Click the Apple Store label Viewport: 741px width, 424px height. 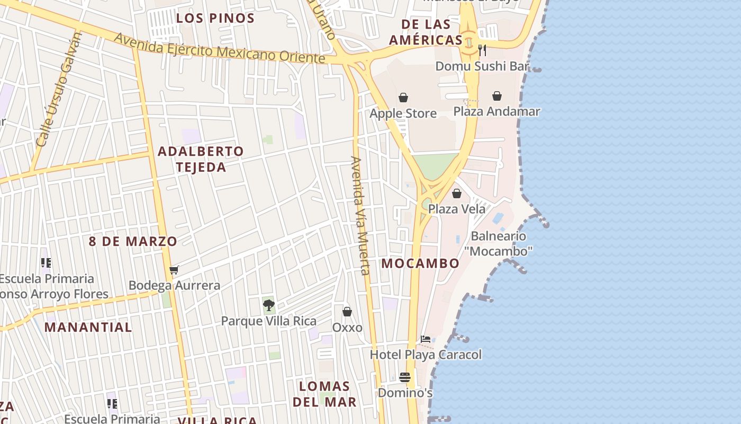(403, 113)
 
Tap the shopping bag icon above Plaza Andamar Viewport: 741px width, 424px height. (497, 96)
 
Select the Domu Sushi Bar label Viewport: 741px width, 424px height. (482, 66)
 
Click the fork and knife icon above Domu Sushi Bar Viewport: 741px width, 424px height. (482, 50)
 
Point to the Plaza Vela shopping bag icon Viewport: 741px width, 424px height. (457, 193)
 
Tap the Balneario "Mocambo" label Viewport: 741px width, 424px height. (498, 243)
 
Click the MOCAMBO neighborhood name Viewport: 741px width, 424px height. (420, 263)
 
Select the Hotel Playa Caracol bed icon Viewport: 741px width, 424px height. (426, 339)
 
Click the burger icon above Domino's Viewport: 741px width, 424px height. (405, 377)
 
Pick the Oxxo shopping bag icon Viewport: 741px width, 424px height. (347, 312)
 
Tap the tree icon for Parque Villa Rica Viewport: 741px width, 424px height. (269, 305)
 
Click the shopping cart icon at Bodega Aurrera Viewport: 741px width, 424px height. (174, 270)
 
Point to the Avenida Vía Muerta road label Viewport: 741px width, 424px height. (359, 215)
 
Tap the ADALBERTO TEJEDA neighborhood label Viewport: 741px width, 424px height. (201, 159)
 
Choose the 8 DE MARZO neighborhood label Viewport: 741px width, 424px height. (133, 242)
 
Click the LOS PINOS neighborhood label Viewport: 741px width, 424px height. (215, 18)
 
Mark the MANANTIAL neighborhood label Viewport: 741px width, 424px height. (88, 327)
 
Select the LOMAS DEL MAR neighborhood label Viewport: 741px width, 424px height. (324, 394)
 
